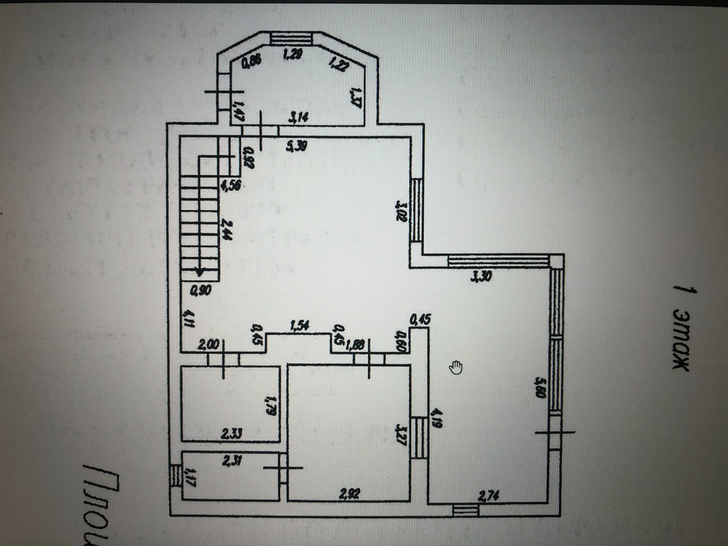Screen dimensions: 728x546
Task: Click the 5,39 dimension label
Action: (297, 146)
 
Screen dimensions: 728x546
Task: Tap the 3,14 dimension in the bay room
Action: (298, 118)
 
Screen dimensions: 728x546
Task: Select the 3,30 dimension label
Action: (481, 276)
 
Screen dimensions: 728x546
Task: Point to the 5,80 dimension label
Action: (540, 387)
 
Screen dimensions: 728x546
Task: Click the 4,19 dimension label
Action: (436, 418)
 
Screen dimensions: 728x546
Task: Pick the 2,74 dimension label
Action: (488, 495)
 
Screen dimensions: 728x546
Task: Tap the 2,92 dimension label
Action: (349, 494)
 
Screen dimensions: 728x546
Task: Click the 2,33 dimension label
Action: (231, 433)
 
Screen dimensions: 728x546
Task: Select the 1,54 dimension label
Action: (300, 326)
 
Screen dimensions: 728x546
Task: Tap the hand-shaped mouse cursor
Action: (456, 367)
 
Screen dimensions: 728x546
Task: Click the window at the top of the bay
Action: (291, 39)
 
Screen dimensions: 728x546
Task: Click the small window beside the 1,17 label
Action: (175, 475)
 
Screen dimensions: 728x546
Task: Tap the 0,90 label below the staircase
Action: (201, 291)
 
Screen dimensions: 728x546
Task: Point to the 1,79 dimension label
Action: (270, 406)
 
